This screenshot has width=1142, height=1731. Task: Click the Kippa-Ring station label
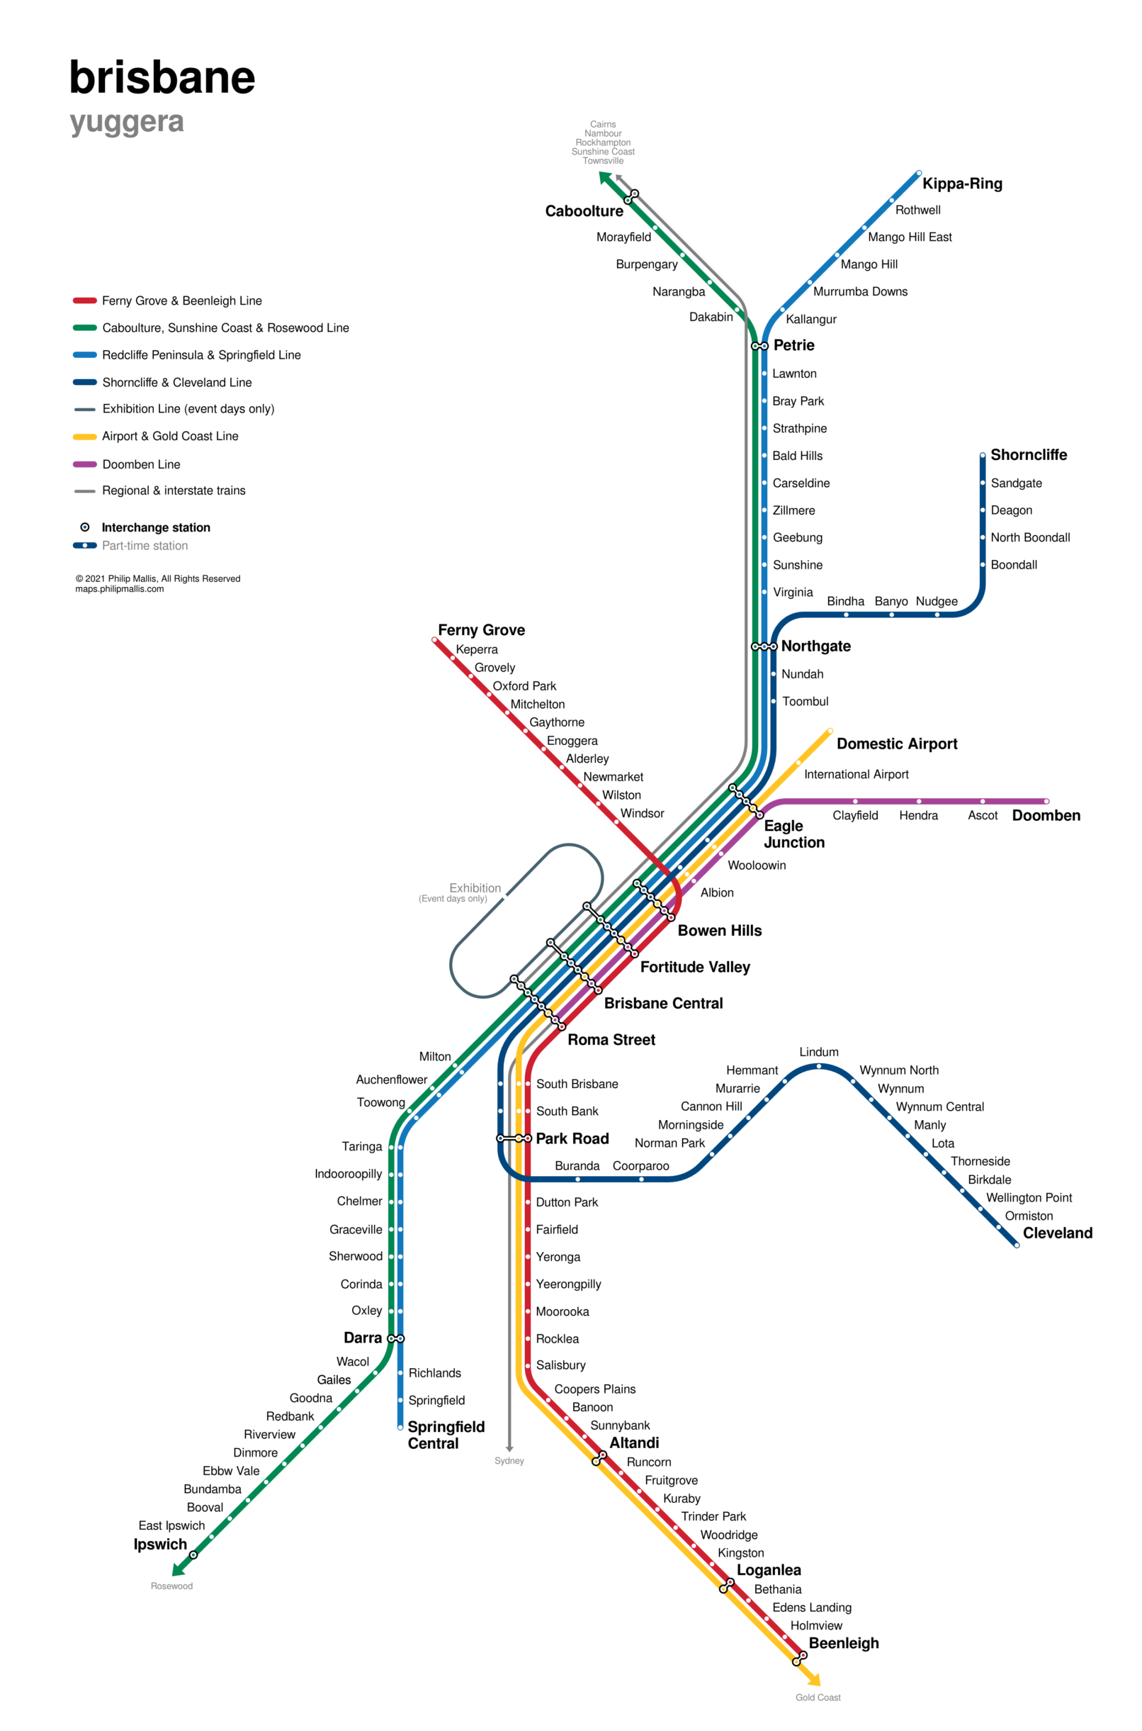click(961, 184)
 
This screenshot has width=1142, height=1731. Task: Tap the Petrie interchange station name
click(793, 345)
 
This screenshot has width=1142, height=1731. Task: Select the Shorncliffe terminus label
click(1029, 454)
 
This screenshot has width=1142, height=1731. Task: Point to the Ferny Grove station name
click(482, 630)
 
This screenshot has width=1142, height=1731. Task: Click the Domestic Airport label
click(897, 744)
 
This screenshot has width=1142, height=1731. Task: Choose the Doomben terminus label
click(1046, 815)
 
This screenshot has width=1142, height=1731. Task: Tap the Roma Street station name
click(611, 1040)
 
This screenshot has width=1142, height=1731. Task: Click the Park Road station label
click(572, 1138)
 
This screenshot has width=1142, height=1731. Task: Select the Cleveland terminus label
click(1058, 1233)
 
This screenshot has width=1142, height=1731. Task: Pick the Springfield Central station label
click(446, 1435)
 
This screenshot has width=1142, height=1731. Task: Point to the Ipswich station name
click(160, 1545)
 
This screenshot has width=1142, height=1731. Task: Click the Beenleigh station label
click(843, 1643)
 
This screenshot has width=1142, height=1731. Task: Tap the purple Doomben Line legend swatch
click(84, 464)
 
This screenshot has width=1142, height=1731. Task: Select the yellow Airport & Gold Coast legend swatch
click(84, 437)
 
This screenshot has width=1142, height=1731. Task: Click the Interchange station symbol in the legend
click(84, 527)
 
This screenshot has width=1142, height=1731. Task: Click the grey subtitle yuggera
click(127, 122)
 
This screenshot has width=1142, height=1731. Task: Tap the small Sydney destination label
click(509, 1461)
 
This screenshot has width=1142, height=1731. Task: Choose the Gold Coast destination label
click(818, 1698)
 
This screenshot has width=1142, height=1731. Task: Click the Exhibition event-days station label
click(475, 888)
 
